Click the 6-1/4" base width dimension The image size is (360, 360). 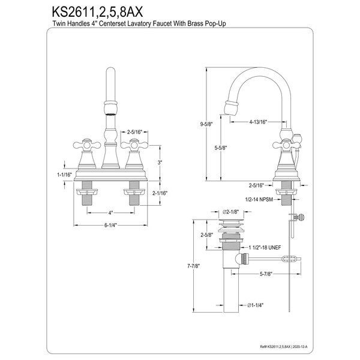tap(110, 226)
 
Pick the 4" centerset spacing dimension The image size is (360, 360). tap(110, 213)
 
